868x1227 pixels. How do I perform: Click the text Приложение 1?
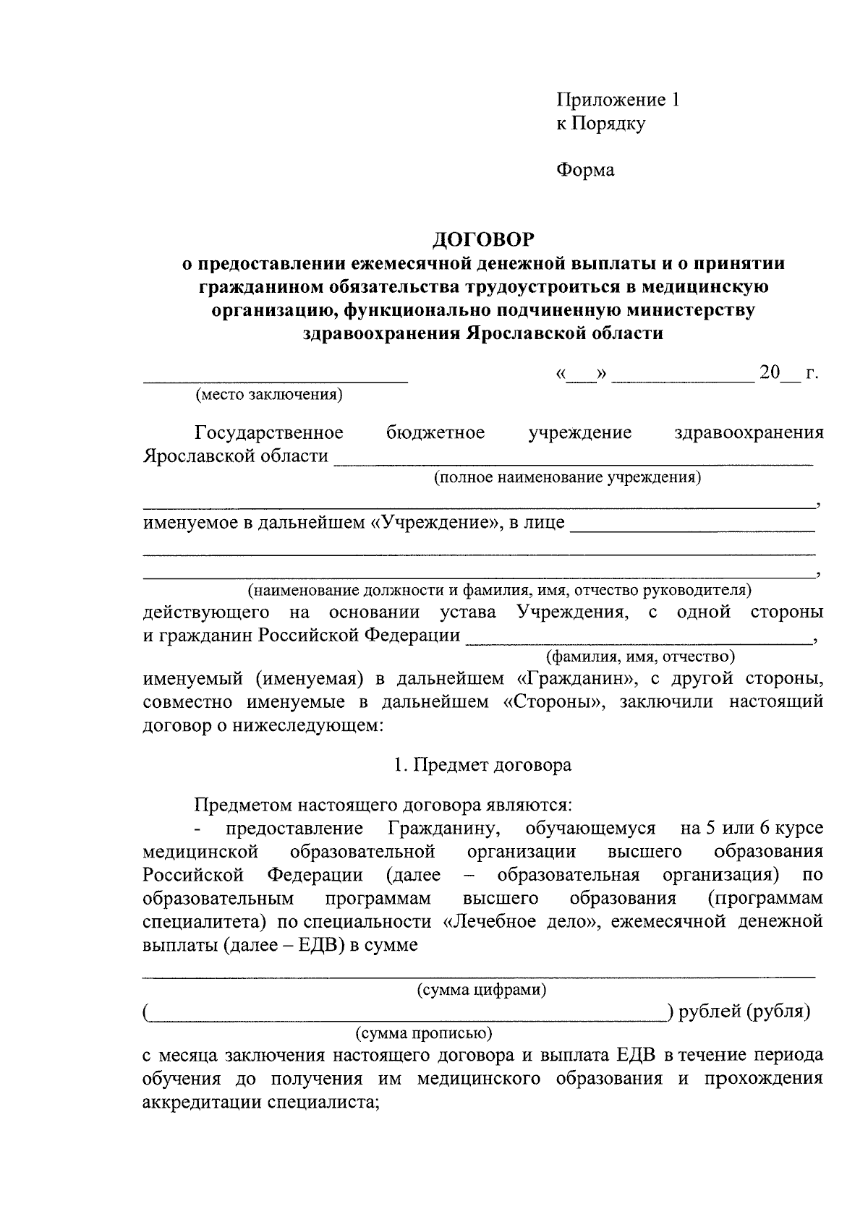(x=618, y=100)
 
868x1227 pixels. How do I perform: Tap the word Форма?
(x=585, y=170)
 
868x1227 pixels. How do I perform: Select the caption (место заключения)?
(x=268, y=395)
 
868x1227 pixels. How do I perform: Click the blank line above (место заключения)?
(x=275, y=380)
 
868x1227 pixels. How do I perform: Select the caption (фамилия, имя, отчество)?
(x=640, y=657)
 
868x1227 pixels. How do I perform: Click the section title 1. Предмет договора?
(x=482, y=765)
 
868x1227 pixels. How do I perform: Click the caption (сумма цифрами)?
(x=482, y=990)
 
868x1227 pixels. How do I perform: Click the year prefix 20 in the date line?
(x=770, y=374)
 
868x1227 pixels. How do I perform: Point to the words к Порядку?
(x=600, y=124)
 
